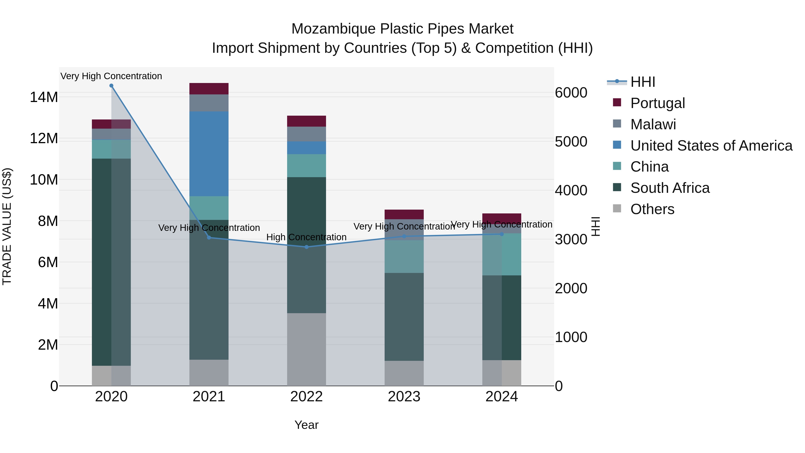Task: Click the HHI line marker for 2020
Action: coord(111,86)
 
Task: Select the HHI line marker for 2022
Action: coord(307,247)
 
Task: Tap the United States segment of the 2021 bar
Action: coord(209,154)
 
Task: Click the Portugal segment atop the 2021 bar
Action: coord(209,89)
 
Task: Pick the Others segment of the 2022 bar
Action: coord(307,349)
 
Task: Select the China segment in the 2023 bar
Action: coord(404,256)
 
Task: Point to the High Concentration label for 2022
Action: coord(306,237)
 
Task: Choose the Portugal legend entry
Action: coord(657,103)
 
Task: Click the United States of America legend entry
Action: coord(711,146)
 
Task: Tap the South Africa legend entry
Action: coord(670,188)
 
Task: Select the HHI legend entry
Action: coord(642,82)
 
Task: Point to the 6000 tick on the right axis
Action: coord(571,93)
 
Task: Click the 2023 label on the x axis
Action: coord(404,397)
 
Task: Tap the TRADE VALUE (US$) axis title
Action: coord(7,226)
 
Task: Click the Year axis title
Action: coord(306,425)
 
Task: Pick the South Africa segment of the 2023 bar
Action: coord(404,317)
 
